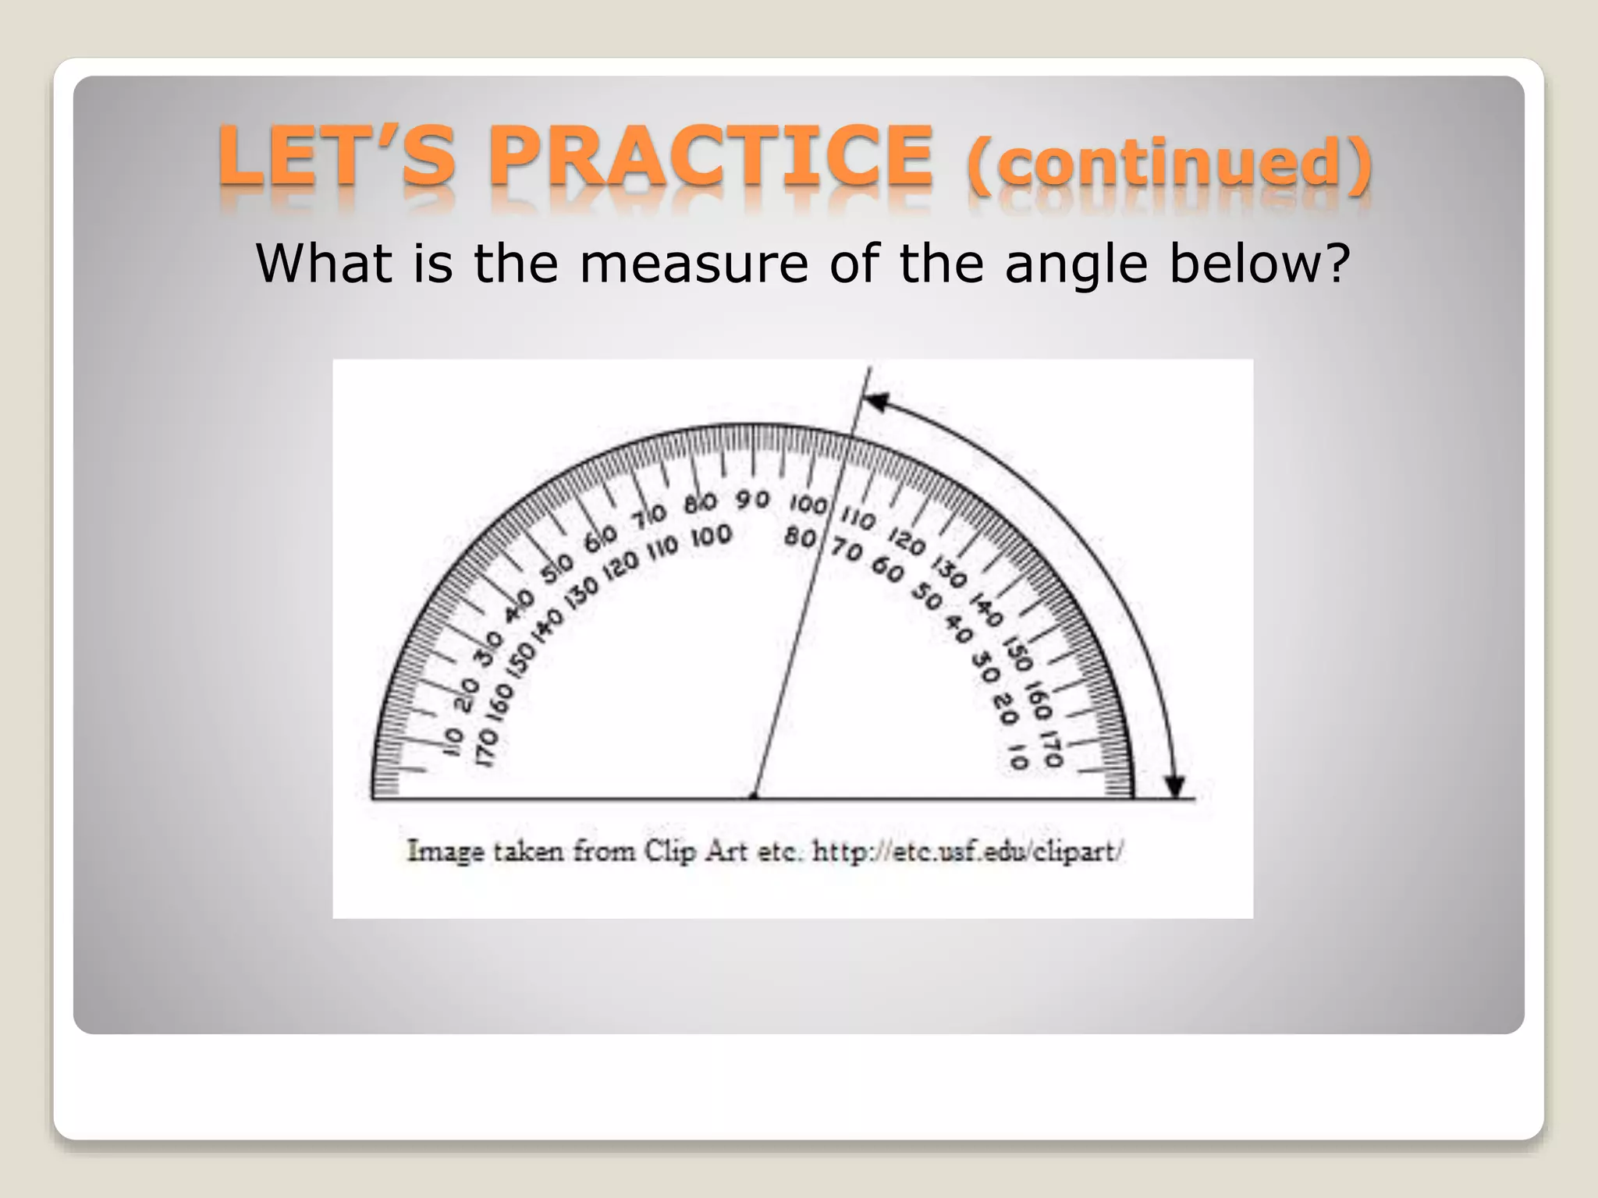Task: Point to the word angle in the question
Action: point(1076,265)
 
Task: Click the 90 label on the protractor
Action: point(752,498)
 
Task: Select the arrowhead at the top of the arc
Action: point(876,402)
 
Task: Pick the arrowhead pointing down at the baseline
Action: point(1174,785)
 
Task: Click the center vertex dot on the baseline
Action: point(753,796)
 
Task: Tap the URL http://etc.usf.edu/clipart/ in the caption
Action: point(968,851)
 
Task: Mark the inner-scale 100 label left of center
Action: point(710,536)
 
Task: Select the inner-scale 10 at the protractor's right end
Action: point(1017,757)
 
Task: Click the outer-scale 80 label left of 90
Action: point(700,503)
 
